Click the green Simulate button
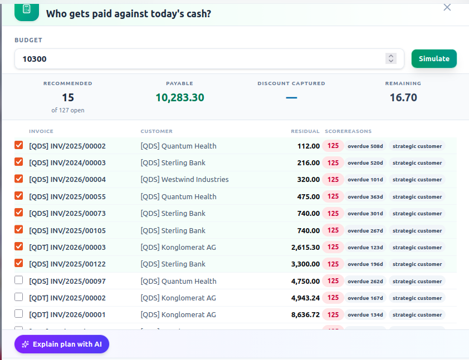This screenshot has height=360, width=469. tap(434, 58)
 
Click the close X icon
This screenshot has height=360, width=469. tap(447, 7)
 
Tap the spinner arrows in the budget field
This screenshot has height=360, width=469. tap(390, 58)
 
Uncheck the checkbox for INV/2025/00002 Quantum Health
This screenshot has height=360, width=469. tap(18, 145)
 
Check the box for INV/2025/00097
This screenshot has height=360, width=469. tap(18, 280)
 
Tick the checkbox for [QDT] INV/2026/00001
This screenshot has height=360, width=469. tap(18, 314)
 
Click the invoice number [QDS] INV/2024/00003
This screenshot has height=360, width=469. tap(67, 163)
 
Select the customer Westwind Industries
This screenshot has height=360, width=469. tap(184, 180)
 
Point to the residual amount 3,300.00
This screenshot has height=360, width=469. tap(305, 264)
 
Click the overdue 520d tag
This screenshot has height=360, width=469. tap(365, 163)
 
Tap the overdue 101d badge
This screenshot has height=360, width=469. tap(365, 180)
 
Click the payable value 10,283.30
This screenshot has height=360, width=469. tap(180, 98)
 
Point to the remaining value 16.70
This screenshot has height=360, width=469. tap(403, 98)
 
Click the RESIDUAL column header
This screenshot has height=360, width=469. tap(305, 131)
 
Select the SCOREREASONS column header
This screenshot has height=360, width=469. tap(348, 131)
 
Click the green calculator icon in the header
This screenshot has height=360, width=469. tap(27, 11)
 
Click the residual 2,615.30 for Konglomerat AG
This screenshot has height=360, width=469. tap(305, 248)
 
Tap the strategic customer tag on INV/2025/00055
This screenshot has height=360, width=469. tap(417, 196)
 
